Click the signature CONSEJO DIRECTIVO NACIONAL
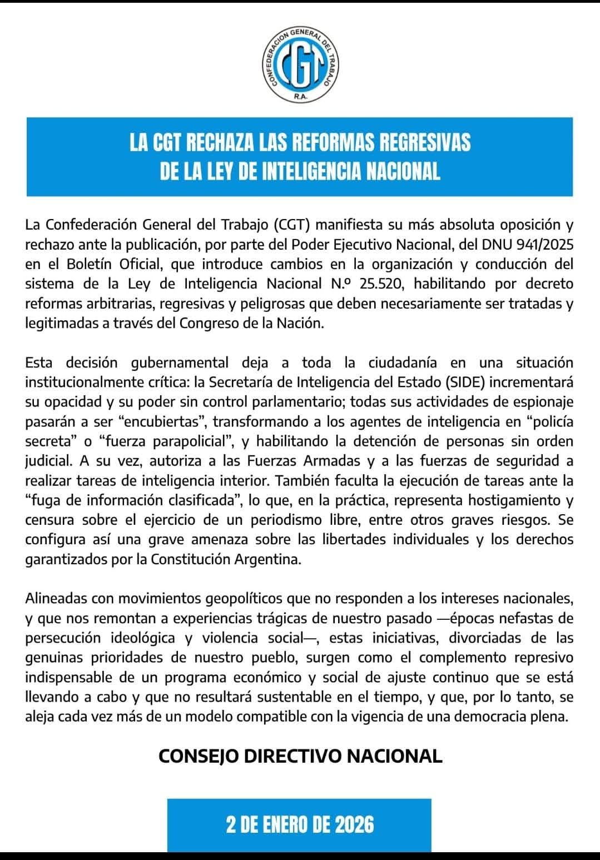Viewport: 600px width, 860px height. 300,756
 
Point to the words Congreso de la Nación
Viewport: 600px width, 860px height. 251,323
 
